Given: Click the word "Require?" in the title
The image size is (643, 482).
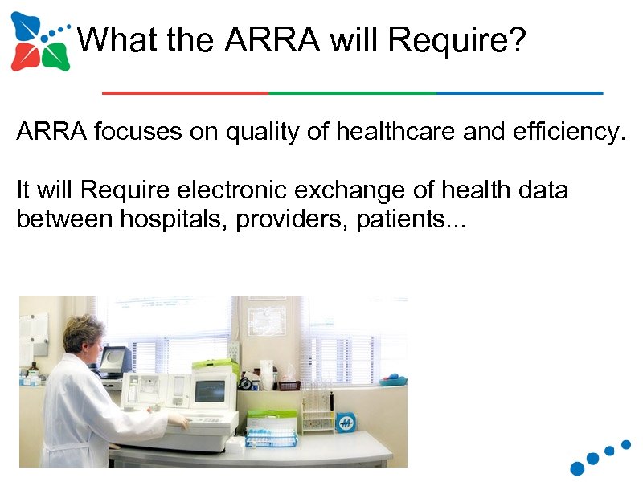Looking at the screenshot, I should (456, 39).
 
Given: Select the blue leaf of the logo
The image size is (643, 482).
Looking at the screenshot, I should (26, 29).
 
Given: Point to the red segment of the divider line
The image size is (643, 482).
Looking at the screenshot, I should (185, 93).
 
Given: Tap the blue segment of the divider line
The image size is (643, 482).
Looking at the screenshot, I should (519, 93).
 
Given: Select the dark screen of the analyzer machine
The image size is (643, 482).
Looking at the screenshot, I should (209, 391).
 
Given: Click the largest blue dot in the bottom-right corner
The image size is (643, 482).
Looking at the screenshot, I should (578, 468).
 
